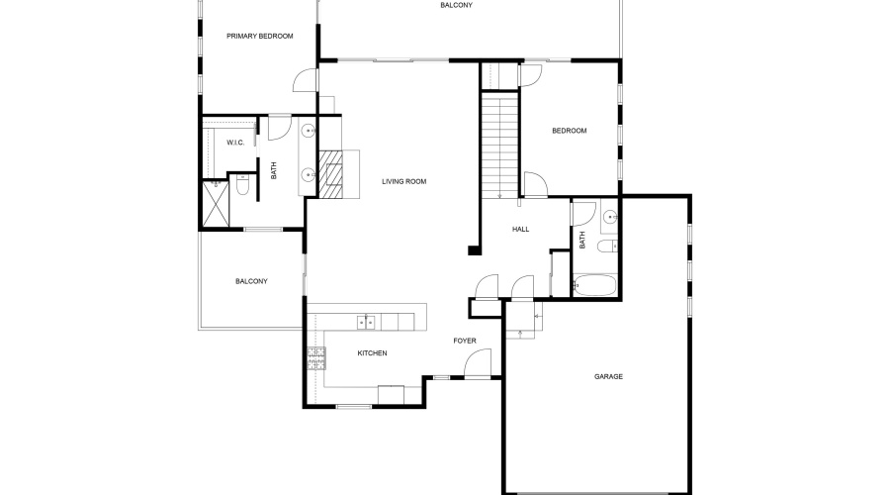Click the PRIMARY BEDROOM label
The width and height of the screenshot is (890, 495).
click(260, 37)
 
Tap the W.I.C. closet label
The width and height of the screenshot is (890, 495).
click(235, 143)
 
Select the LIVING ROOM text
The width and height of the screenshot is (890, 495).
click(403, 181)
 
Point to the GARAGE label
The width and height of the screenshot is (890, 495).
click(608, 376)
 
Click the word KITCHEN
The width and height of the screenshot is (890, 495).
click(372, 353)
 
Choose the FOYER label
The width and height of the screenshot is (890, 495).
click(465, 342)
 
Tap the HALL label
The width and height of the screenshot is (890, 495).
click(520, 230)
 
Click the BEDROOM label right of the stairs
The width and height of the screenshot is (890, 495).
click(569, 131)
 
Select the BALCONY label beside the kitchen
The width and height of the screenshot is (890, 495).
click(251, 281)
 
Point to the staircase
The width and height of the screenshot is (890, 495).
click(500, 139)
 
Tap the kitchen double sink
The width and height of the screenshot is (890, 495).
click(366, 321)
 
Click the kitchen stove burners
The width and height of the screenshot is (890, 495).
click(316, 357)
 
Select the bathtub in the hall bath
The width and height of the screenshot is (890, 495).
click(595, 286)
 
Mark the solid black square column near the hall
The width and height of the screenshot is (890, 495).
click(475, 250)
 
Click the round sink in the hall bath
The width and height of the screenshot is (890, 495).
click(610, 215)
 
